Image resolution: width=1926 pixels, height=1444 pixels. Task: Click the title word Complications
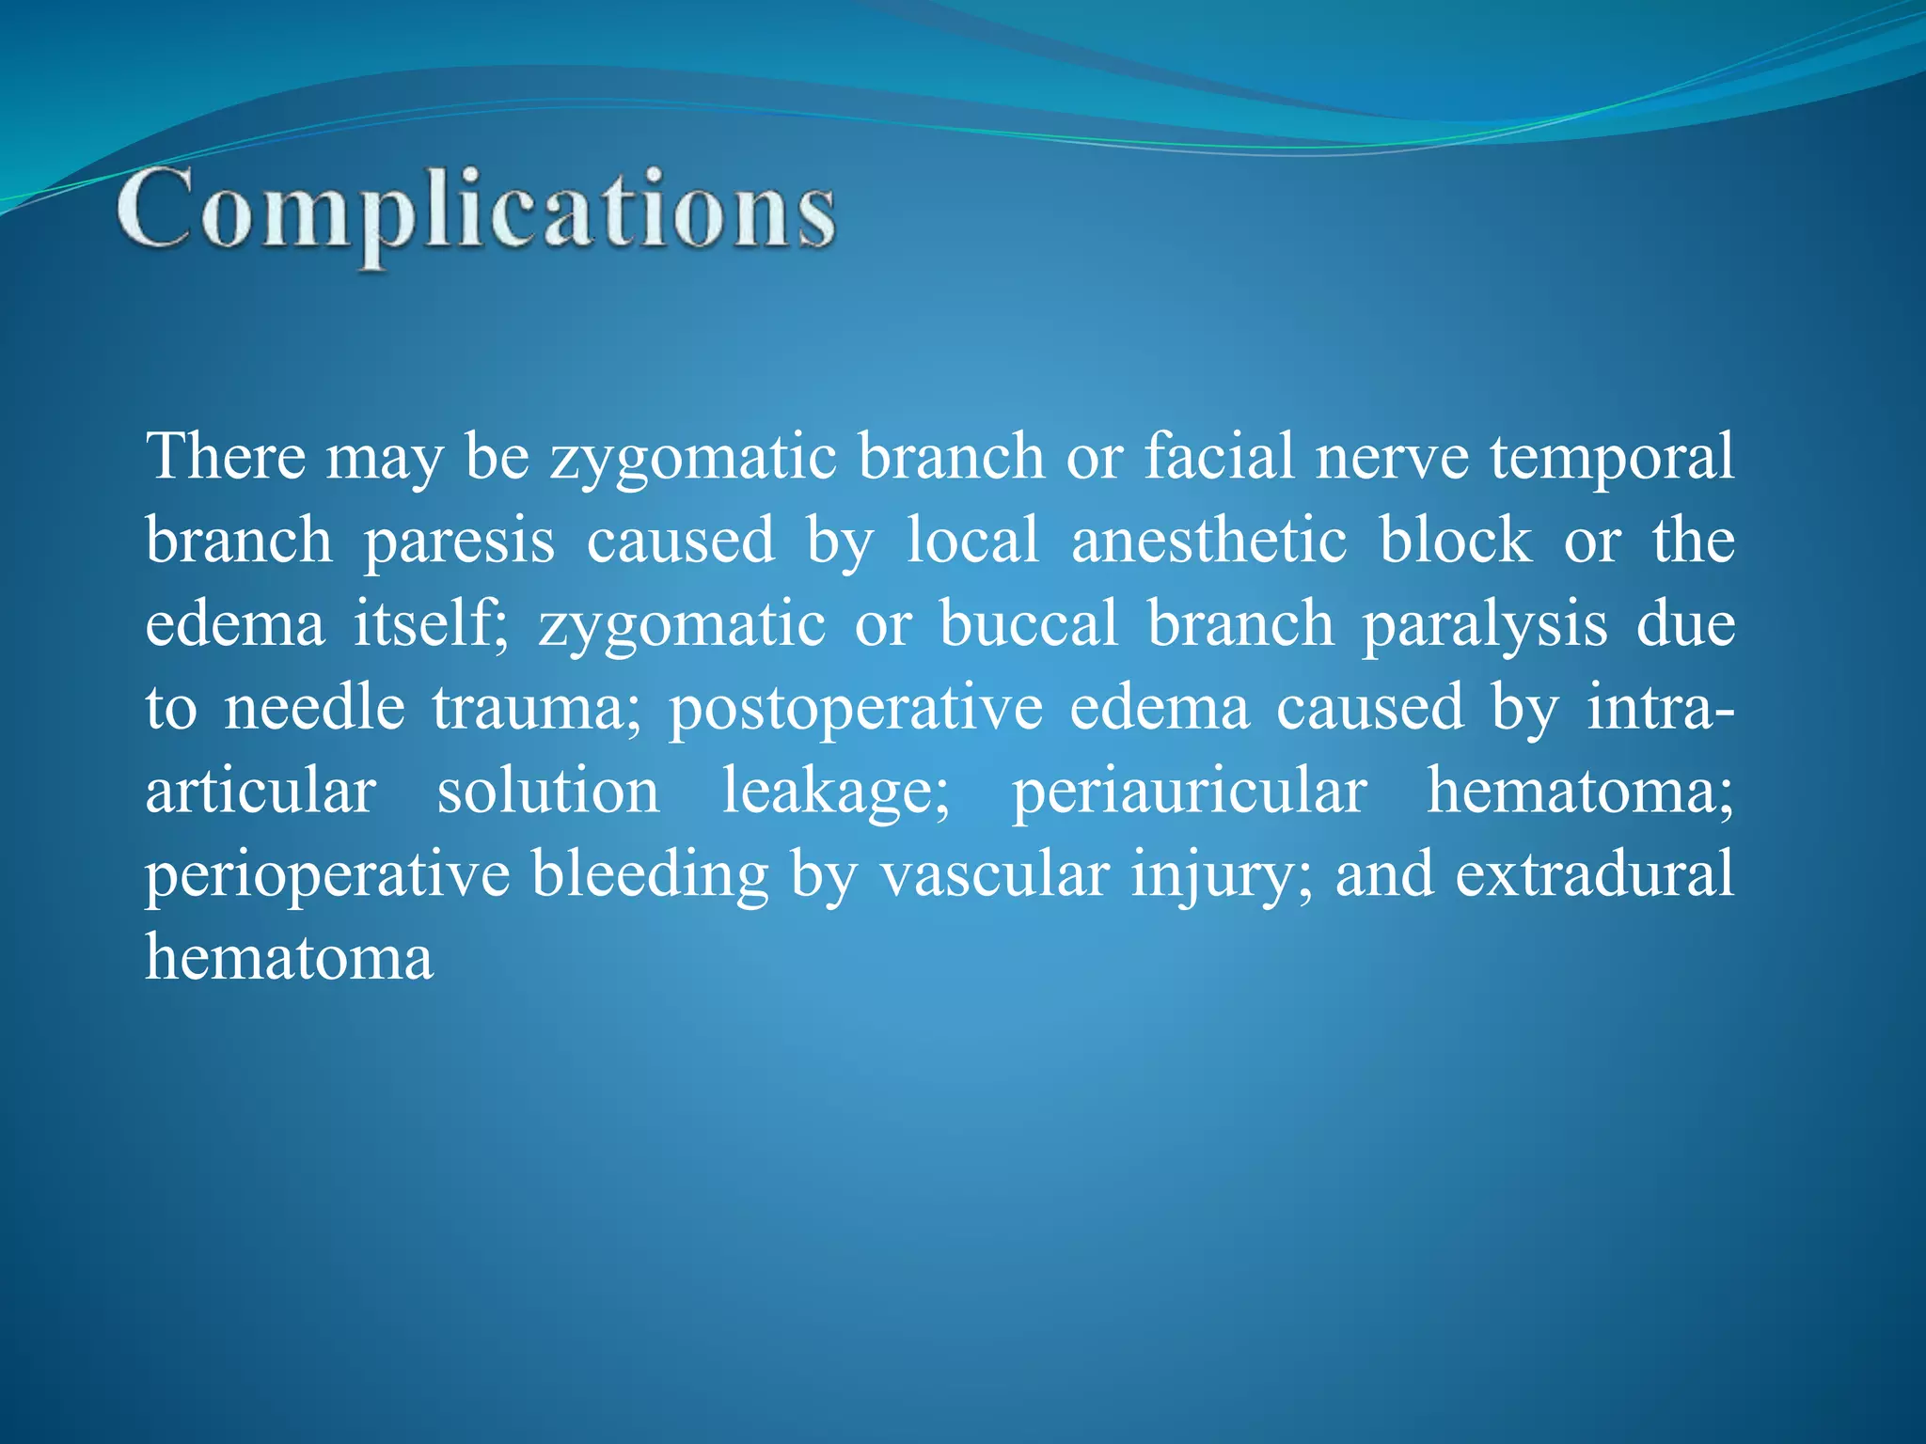coord(476,209)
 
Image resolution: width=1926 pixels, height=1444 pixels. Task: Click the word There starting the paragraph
coord(226,457)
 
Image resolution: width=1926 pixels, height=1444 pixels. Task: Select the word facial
coord(1219,457)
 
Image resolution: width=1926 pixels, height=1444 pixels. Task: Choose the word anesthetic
coord(1208,541)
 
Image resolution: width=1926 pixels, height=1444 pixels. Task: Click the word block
coord(1455,541)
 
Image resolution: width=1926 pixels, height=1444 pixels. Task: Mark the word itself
coord(431,624)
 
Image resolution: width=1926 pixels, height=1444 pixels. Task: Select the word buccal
coord(1029,624)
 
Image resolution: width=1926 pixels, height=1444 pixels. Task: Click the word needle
coord(314,707)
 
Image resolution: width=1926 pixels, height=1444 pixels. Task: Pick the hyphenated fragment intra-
coord(1660,707)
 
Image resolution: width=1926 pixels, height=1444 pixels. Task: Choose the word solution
coord(548,792)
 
